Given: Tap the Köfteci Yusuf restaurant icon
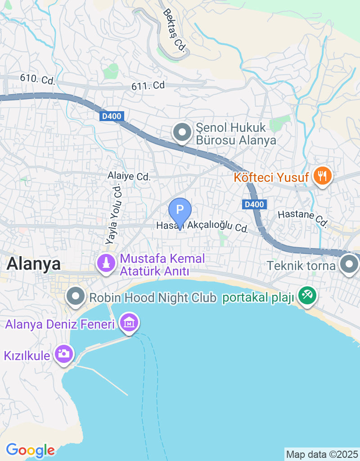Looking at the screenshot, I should click(x=323, y=175).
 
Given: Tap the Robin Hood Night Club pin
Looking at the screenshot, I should click(x=76, y=297).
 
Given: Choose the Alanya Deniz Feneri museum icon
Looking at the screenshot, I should click(x=129, y=323).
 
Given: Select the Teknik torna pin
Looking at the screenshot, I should click(x=349, y=264).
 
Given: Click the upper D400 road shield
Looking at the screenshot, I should click(x=111, y=117).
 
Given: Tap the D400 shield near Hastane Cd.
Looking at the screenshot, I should click(x=254, y=205).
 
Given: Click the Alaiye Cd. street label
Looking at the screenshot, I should click(x=129, y=176).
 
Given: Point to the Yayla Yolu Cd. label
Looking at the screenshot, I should click(x=114, y=213).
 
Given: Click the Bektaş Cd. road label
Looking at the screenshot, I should click(x=175, y=31).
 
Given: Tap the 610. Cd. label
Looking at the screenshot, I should click(x=37, y=79).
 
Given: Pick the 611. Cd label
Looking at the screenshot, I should click(x=148, y=86).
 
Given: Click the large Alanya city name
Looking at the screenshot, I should click(x=34, y=264).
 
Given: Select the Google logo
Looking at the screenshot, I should click(x=30, y=449).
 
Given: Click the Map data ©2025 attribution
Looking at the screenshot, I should click(x=322, y=454).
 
